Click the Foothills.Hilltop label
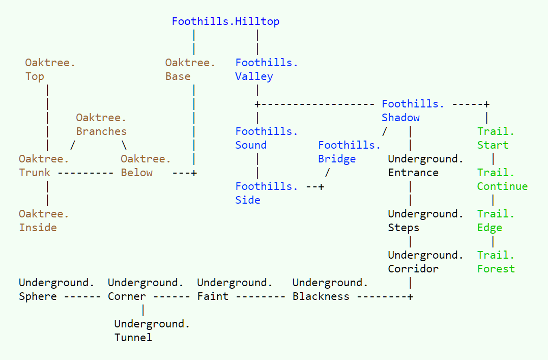pos(225,21)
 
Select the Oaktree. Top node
pos(50,69)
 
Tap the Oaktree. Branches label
pos(101,124)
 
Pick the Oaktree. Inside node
pos(44,220)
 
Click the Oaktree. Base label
pos(190,69)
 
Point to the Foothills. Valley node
pos(266,69)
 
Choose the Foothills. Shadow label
pos(413,110)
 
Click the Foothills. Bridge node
pos(349,152)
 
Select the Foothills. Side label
pos(266,193)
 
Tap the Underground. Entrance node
pos(425,165)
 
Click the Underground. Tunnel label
pos(152,330)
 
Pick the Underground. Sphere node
pos(56,289)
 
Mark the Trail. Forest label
pos(496,262)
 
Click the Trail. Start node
pos(496,138)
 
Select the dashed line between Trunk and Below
pos(85,173)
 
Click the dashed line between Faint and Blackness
pos(261,297)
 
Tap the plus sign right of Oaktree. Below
pos(194,173)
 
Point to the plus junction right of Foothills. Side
pos(321,186)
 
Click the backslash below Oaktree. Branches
pos(124,145)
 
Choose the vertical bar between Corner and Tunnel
pos(143,310)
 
